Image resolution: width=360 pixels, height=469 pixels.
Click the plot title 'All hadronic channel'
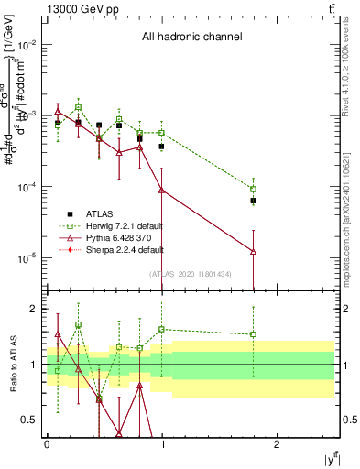[x=191, y=38]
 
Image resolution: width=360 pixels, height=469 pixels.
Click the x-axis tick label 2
[x=277, y=443]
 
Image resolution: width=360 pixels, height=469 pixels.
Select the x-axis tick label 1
[x=161, y=443]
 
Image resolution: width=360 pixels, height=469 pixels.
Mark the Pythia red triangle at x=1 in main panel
[x=161, y=190]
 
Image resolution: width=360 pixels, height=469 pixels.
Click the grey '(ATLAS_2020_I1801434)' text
[x=191, y=274]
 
